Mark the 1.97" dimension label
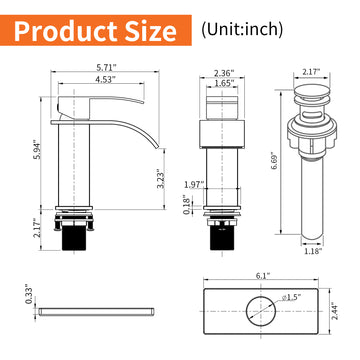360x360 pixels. pos(194,182)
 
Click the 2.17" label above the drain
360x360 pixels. pos(310,73)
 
